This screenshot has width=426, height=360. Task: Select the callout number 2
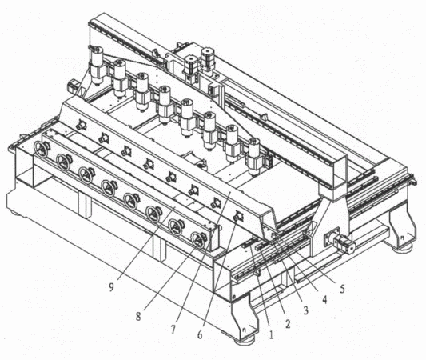[x=288, y=323]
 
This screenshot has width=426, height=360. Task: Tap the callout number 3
[x=305, y=310]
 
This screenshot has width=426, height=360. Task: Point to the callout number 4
[x=324, y=299]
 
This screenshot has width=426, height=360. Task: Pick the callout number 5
[x=342, y=289]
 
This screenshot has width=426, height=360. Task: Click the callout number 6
[x=200, y=335]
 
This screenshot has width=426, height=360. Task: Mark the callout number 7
[x=173, y=330]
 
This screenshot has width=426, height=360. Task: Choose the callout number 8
[x=138, y=316]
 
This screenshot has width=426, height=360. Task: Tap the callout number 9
[x=111, y=287]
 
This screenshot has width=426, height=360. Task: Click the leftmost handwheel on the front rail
[x=41, y=149]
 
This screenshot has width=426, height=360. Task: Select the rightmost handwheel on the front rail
[x=198, y=239]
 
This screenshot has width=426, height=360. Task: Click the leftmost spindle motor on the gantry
[x=97, y=66]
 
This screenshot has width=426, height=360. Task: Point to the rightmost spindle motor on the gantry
[x=254, y=156]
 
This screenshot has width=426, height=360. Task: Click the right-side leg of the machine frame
[x=401, y=227]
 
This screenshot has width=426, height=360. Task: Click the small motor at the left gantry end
[x=73, y=86]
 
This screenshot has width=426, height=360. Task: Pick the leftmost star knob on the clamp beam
[x=81, y=126]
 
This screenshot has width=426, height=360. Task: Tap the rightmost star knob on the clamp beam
[x=238, y=217]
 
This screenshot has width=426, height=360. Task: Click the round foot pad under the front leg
[x=245, y=340]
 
